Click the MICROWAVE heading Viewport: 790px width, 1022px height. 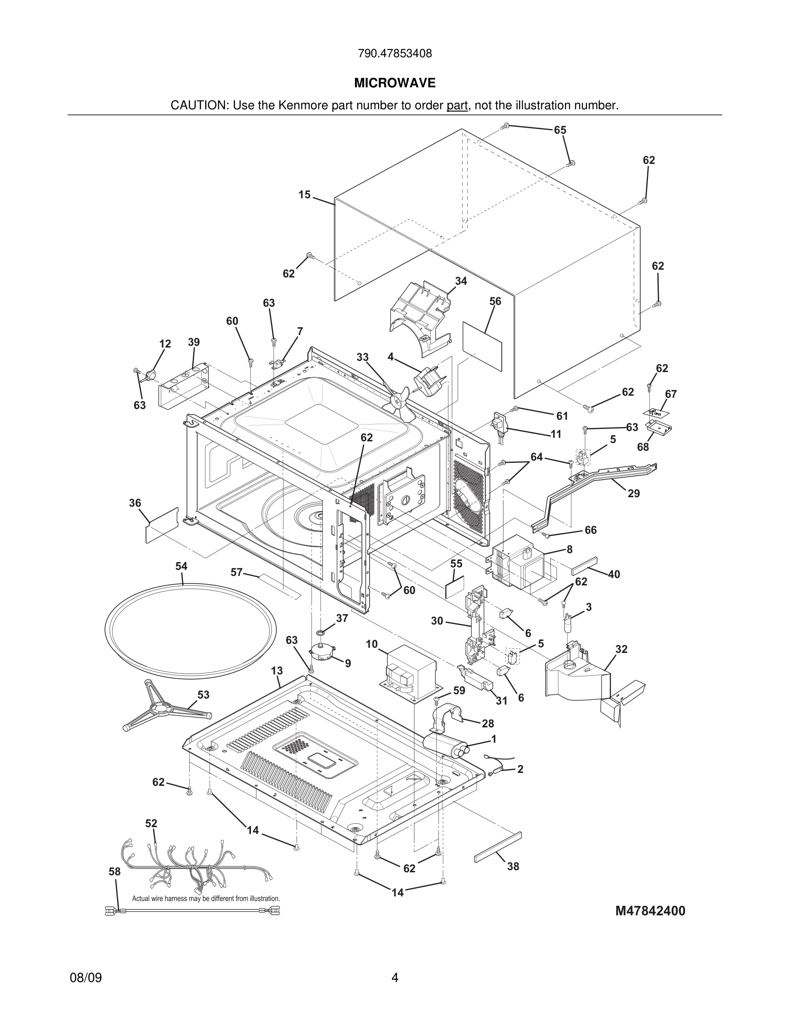[x=395, y=83]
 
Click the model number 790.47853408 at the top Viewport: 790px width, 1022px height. [x=395, y=54]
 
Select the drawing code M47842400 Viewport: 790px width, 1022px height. [x=650, y=911]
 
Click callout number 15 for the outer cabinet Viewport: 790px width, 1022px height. [x=304, y=195]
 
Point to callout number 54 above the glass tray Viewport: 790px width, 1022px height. [x=181, y=566]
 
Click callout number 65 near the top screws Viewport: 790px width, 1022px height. [x=560, y=130]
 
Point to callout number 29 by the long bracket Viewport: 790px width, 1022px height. [x=633, y=494]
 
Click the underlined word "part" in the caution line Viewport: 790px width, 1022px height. [x=457, y=106]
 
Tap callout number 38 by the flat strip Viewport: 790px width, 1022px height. [x=513, y=867]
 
